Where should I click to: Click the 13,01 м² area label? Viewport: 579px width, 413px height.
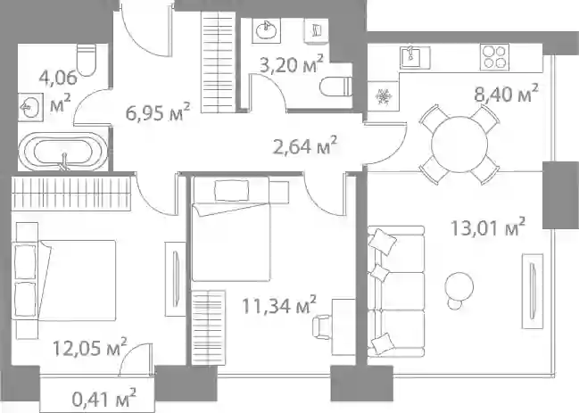pos(488,227)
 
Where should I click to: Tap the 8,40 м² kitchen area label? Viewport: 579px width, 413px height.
pos(506,94)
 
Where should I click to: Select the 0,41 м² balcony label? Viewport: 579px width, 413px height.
pos(104,398)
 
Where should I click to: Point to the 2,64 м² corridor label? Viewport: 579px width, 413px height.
pos(304,145)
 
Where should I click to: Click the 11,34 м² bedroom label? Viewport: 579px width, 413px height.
pos(279,305)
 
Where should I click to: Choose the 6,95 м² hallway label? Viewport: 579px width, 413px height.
pos(158,112)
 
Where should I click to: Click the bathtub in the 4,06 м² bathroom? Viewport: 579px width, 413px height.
pos(62,152)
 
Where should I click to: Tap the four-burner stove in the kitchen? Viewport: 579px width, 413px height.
pos(494,57)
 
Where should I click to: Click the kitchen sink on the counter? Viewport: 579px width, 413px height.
pos(416,57)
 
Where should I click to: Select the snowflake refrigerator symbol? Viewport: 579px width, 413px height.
pos(384,96)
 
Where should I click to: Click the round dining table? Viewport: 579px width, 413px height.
pos(459,144)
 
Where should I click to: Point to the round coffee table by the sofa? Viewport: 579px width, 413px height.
pos(459,285)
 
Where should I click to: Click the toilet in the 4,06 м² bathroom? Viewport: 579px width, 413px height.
pos(87,60)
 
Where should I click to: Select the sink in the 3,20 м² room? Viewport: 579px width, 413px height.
pos(266,30)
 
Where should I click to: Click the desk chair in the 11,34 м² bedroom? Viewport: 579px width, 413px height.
pos(322,326)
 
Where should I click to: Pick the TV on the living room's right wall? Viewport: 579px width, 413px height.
pos(532,291)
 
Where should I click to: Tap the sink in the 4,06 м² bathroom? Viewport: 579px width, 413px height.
pos(30,107)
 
